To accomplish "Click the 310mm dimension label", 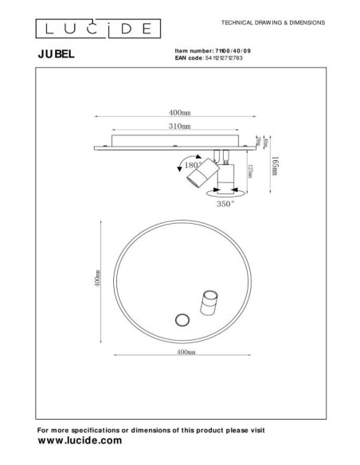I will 180,127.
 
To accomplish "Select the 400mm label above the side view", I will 180,112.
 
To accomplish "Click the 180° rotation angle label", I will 192,166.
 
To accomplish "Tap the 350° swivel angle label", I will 225,205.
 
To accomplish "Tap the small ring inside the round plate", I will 181,320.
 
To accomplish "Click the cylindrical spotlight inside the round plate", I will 209,304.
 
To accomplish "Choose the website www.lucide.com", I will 80,440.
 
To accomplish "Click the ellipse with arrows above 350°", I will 225,192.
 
